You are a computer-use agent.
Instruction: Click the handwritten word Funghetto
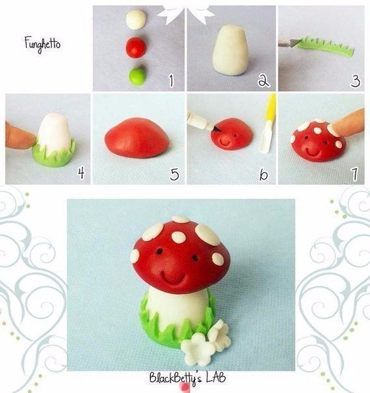[x=42, y=45]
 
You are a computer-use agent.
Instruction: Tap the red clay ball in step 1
[x=136, y=47]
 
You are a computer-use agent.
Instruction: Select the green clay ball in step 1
[x=137, y=77]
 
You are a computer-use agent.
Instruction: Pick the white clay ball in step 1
[x=136, y=20]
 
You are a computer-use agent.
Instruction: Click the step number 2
[x=263, y=81]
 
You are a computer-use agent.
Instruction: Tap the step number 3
[x=356, y=81]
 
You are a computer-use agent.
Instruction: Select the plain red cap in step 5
[x=137, y=138]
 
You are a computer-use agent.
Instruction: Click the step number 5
[x=174, y=174]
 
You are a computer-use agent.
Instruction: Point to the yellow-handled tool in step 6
[x=268, y=124]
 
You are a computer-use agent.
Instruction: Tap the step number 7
[x=354, y=174]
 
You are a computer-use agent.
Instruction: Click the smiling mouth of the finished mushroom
[x=174, y=277]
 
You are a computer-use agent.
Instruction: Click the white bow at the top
[x=186, y=12]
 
